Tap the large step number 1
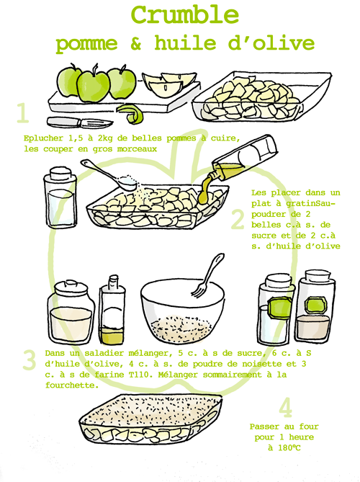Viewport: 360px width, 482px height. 23,114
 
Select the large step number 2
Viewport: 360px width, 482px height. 238,219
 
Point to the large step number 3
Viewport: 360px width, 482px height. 29,359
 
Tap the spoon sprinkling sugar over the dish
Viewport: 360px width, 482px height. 108,175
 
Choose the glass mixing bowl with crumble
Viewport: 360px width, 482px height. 180,313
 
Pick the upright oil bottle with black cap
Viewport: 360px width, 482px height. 112,310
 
